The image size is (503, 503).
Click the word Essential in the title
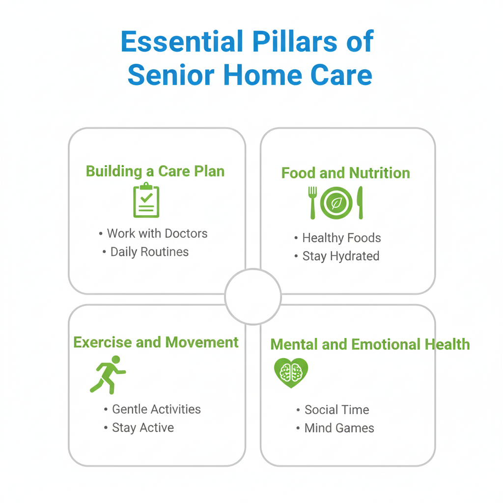pos(182,41)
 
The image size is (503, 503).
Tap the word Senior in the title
pos(171,75)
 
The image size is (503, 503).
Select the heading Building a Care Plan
pos(155,171)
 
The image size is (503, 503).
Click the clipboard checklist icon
pos(146,200)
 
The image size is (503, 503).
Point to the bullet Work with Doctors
pos(153,233)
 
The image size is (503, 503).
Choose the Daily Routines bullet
pos(145,252)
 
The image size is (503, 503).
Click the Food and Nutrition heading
pos(345,173)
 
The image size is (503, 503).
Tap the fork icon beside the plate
pos(312,203)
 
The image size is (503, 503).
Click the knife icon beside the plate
pos(360,203)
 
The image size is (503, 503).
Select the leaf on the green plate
pos(336,203)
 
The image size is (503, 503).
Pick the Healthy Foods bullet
pos(337,238)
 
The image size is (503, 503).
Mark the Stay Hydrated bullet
pos(337,256)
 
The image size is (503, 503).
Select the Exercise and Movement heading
pos(156,342)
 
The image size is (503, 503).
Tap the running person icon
pos(108,375)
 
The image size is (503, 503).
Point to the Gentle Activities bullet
pos(152,409)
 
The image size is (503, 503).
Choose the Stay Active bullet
pos(139,428)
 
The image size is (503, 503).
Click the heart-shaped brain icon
pos(291,373)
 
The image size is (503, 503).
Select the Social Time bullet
pos(333,410)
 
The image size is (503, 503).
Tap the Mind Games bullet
pos(335,428)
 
